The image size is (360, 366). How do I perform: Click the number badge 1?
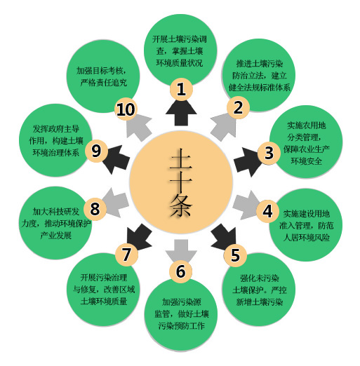tap(181, 89)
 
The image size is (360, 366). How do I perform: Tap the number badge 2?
tap(238, 107)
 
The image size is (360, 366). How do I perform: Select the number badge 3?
tap(269, 153)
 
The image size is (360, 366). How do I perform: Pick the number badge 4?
tap(267, 211)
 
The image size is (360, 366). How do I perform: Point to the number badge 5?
tap(235, 255)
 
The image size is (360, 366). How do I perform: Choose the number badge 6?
tap(181, 271)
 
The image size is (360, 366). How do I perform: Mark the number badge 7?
tap(126, 255)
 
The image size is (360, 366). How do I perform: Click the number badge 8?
tap(95, 209)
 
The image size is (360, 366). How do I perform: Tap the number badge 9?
tap(96, 151)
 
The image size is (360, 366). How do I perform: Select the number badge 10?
tap(126, 109)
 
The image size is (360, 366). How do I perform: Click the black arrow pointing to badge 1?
tap(181, 113)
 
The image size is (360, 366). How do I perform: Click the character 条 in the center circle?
tap(181, 205)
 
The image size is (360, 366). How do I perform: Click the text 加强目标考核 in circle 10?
tap(99, 70)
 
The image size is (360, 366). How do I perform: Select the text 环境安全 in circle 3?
tap(306, 161)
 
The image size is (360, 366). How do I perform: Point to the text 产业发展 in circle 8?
tap(56, 236)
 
